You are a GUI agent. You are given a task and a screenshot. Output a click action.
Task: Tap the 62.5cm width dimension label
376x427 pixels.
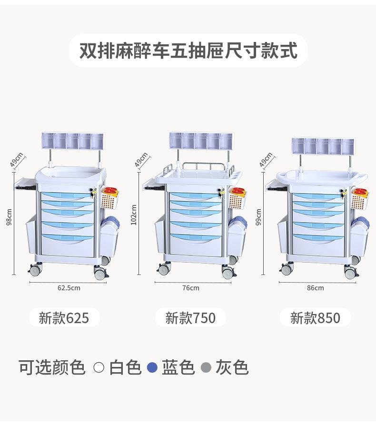point(69,288)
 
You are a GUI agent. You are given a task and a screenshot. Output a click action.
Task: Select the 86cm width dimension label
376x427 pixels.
point(315,288)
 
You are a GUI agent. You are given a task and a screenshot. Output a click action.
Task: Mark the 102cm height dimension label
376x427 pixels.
point(134,214)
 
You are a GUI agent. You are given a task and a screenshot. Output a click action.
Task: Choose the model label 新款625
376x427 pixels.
point(64,318)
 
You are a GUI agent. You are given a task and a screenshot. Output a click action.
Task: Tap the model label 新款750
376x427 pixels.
point(190,318)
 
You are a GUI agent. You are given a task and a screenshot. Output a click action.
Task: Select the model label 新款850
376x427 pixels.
point(315,318)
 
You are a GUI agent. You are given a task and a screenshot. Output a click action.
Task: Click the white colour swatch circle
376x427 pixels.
point(99,367)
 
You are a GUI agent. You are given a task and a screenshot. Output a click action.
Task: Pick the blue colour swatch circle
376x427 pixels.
point(152,367)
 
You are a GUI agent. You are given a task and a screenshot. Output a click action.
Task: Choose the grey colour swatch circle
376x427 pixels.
point(206,367)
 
